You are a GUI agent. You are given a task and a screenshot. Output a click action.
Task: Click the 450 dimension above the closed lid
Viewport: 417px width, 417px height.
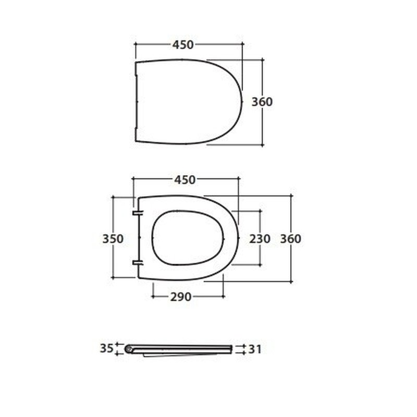[x=183, y=45]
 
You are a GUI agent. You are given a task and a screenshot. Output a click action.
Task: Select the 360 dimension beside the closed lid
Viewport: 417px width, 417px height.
[x=262, y=102]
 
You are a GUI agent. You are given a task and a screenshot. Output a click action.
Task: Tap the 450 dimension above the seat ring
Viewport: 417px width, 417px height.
[x=185, y=180]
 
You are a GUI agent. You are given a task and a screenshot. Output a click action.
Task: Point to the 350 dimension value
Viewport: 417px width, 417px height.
[x=113, y=239]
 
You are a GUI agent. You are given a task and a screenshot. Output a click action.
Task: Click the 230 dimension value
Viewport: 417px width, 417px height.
[x=260, y=239]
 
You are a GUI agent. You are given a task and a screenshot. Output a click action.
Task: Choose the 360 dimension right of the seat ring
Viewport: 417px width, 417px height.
[x=291, y=239]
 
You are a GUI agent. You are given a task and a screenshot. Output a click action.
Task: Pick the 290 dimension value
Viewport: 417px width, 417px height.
[x=181, y=297]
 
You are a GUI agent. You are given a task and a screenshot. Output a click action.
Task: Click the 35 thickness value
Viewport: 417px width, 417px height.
[x=107, y=348]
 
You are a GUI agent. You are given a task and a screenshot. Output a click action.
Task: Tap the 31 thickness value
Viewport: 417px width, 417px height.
[x=255, y=349]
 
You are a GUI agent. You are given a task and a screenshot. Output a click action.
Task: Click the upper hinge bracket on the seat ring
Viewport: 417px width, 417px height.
[x=138, y=213]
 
